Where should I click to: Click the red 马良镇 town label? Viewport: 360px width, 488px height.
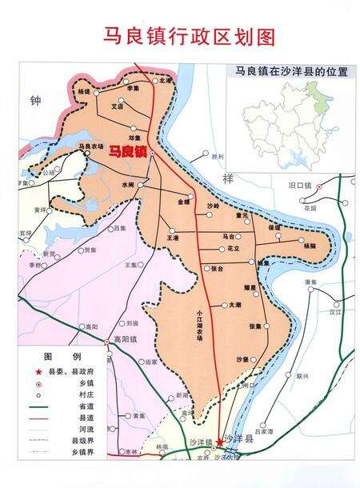tap(127, 150)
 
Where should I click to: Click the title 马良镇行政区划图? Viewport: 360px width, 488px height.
tap(179, 37)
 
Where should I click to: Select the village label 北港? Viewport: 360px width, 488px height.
tap(166, 81)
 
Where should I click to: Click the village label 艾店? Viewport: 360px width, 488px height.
tap(117, 105)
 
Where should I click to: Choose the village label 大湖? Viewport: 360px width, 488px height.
tap(234, 305)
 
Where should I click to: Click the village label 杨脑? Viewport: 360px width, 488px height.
tap(310, 246)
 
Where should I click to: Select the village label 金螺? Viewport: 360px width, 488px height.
tap(185, 202)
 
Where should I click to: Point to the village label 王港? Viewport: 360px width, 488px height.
tap(172, 238)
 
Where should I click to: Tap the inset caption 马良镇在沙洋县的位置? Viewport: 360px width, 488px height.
tap(286, 71)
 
